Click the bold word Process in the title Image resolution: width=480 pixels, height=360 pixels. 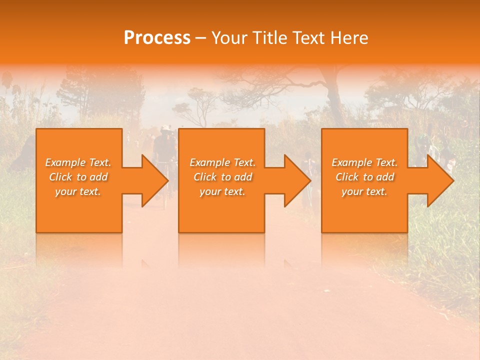coord(157,38)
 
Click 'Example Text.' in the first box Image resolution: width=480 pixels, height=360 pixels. coord(78,162)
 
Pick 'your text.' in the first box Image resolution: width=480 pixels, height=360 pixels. coord(78,191)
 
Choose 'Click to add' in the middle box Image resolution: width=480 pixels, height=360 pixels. coord(222,177)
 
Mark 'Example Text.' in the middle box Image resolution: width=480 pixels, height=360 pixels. coord(222,162)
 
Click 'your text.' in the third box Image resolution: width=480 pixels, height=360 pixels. coord(364,191)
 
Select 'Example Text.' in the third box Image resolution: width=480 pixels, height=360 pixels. coord(364,162)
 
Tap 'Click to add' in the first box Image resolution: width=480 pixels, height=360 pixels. coord(78,177)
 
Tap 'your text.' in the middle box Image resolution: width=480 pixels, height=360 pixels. coord(222,191)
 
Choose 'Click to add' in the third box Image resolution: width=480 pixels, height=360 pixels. coord(364,177)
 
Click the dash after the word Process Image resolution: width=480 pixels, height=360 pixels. coord(201,38)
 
